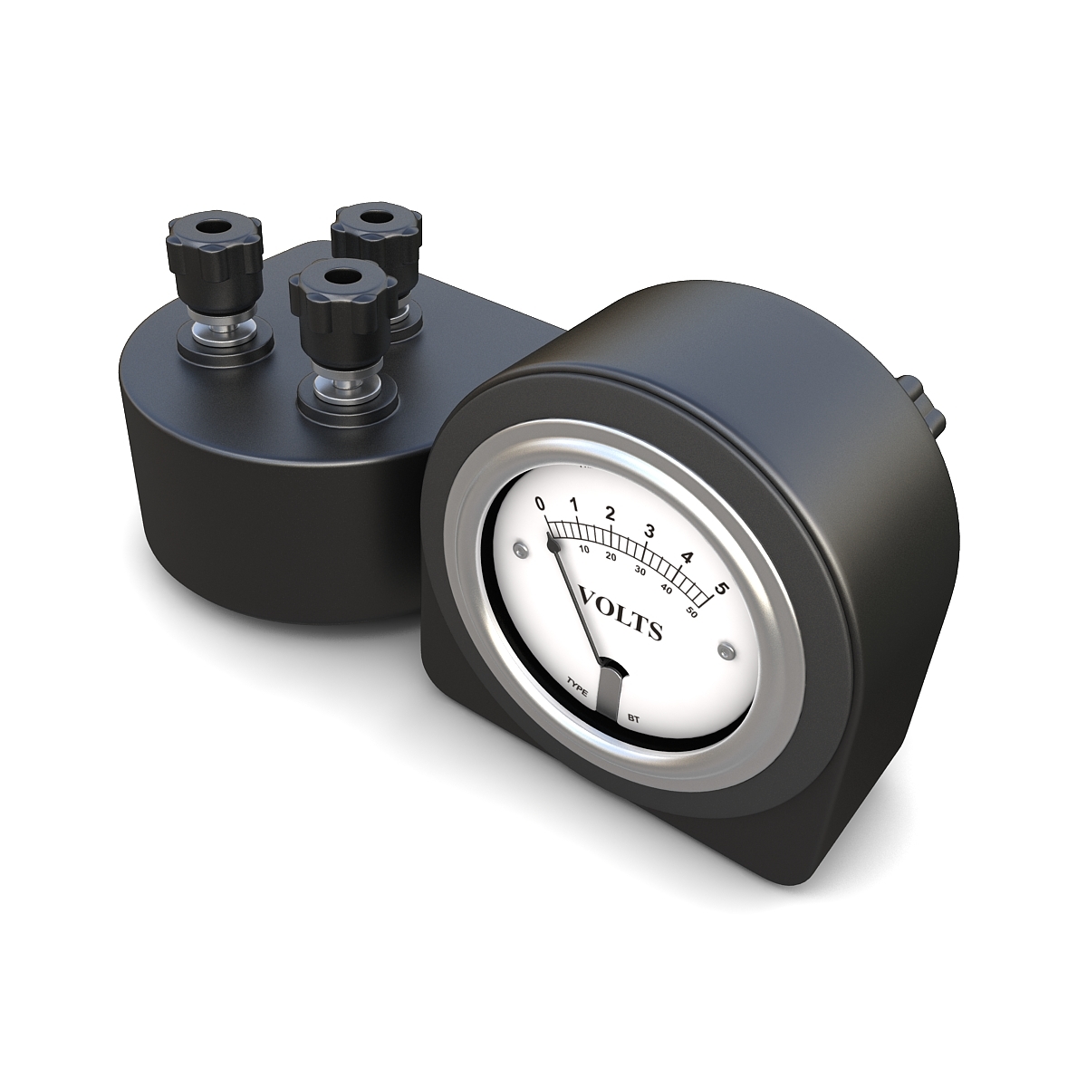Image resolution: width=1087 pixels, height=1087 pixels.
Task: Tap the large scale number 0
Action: [541, 505]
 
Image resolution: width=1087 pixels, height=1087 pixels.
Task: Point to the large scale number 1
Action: [573, 505]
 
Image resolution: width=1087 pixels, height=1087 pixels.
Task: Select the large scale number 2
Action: [611, 514]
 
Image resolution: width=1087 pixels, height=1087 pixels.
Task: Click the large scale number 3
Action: [649, 531]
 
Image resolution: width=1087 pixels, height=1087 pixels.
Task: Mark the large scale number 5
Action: [721, 589]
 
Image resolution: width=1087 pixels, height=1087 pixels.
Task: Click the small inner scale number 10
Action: [584, 549]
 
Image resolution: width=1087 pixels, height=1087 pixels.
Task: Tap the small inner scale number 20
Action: [611, 556]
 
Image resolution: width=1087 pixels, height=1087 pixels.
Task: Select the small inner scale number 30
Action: [640, 571]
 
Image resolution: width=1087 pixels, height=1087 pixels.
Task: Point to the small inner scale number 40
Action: [667, 590]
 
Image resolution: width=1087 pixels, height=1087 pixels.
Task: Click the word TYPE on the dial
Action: [577, 686]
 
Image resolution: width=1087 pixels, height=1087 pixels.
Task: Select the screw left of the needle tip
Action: [518, 550]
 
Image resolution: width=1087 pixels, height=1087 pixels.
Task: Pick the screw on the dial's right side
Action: [724, 649]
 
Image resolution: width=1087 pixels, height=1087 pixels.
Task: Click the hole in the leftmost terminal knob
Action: [214, 225]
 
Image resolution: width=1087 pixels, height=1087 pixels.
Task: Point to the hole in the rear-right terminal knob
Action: [375, 219]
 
